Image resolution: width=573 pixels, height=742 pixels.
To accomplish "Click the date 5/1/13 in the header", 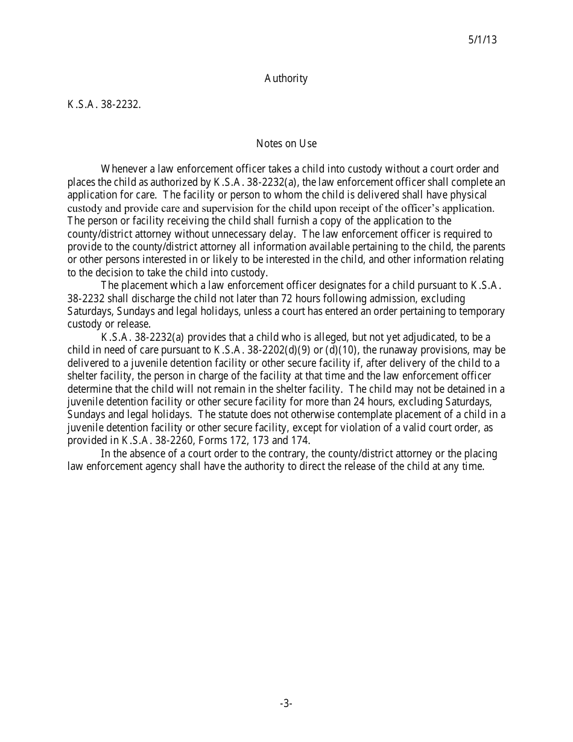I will click(x=482, y=40).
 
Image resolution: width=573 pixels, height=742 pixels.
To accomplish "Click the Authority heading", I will click(x=286, y=78).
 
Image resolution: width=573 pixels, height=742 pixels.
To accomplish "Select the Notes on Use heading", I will click(x=286, y=144).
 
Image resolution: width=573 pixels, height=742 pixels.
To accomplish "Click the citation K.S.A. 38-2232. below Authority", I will click(x=104, y=104).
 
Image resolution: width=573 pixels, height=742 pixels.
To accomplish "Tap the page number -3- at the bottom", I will click(x=286, y=703).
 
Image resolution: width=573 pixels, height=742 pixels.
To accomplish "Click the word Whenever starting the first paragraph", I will click(x=124, y=169).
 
